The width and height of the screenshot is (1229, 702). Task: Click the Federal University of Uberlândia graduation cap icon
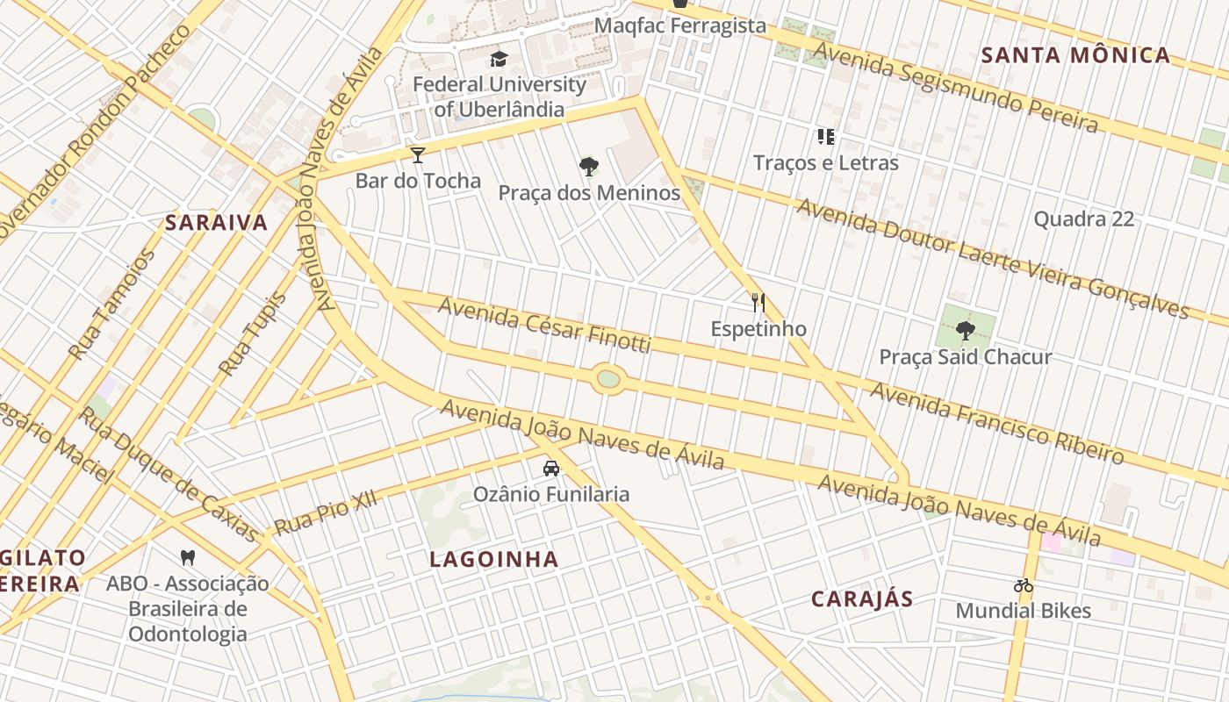point(499,60)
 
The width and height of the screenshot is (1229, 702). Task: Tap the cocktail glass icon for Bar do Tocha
point(418,155)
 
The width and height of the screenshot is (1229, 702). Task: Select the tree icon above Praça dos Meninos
point(589,166)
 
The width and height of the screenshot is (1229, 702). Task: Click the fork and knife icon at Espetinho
point(758,303)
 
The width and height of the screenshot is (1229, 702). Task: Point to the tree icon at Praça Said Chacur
point(966,331)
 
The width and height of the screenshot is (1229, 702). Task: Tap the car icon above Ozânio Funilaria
point(551,469)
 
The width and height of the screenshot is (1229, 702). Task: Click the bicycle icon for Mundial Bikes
point(1023,585)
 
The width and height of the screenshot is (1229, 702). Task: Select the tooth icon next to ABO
point(187,556)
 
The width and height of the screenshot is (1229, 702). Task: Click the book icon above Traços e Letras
point(825,136)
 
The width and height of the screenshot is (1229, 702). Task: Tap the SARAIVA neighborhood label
point(217,223)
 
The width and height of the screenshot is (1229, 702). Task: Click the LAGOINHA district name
point(493,559)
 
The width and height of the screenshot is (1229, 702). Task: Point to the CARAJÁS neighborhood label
point(862,599)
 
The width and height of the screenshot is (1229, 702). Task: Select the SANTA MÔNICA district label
point(1075,55)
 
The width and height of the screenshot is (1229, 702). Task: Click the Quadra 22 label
point(1083,218)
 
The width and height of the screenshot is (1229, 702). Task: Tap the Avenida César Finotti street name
point(544,326)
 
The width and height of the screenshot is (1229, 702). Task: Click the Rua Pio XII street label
point(325,512)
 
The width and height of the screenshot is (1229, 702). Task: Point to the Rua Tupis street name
point(253,334)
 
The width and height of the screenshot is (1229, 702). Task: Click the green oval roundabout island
point(607,379)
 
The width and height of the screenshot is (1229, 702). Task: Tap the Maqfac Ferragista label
point(680,25)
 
